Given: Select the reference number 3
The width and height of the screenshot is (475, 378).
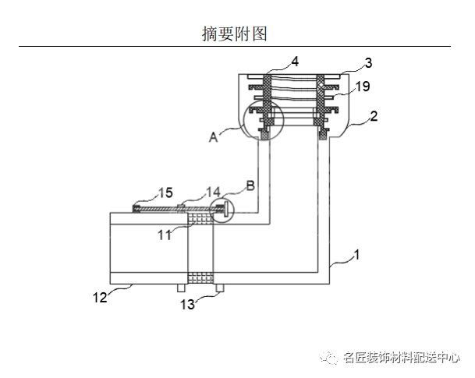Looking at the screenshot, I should tap(368, 62).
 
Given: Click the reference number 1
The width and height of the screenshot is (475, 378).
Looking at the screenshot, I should tap(357, 254).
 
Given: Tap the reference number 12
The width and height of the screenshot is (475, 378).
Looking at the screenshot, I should tap(99, 296).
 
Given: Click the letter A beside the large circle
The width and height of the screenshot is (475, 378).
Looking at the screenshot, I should tap(213, 136).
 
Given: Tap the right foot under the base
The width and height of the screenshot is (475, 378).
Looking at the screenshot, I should tap(220, 288).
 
